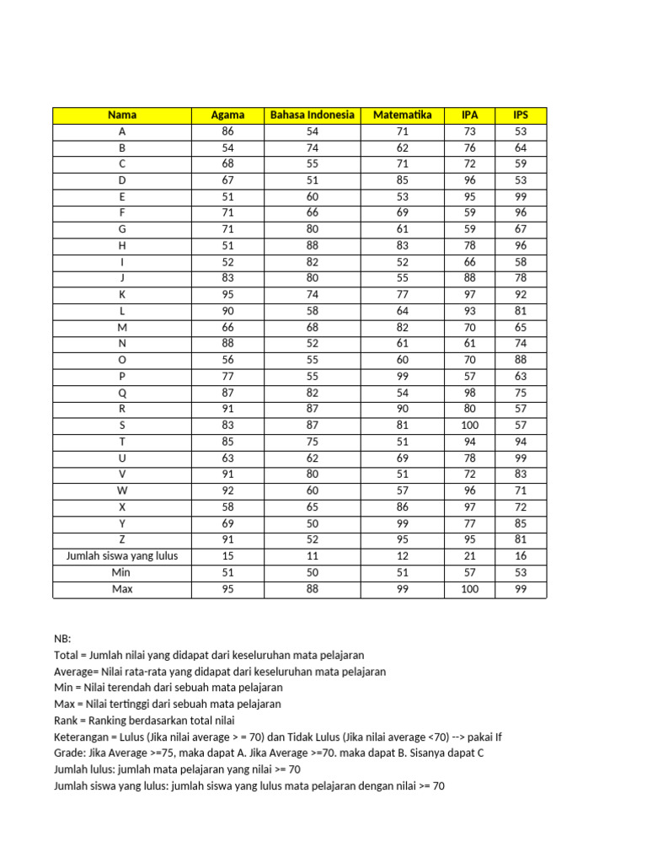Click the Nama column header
pos(122,115)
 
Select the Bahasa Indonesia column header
pos(312,115)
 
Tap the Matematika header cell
pos(402,115)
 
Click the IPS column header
pos(521,115)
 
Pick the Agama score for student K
pos(227,295)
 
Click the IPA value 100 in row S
pos(469,426)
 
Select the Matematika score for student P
pos(402,377)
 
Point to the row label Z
pos(122,540)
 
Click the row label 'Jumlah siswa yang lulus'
pos(122,556)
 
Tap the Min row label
pos(122,573)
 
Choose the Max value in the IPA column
pos(469,589)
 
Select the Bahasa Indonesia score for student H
pos(312,246)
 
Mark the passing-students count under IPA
pos(469,556)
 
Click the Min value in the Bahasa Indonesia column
pos(312,573)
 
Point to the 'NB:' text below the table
pos(62,639)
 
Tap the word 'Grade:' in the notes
pos(70,753)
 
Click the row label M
pos(122,328)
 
